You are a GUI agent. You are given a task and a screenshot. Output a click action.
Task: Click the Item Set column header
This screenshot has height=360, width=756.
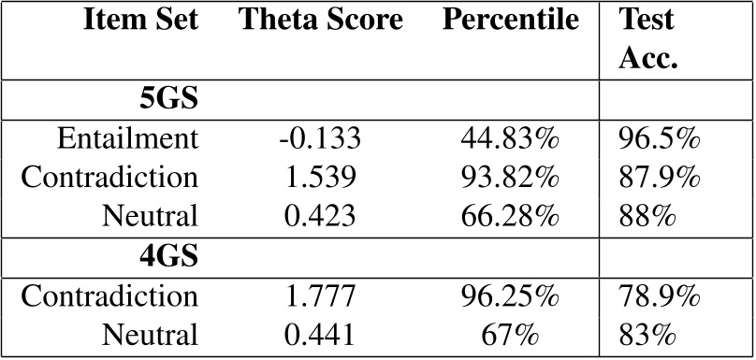pyautogui.click(x=140, y=21)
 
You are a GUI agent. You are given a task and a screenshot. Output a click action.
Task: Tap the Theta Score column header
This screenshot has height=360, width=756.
pyautogui.click(x=321, y=21)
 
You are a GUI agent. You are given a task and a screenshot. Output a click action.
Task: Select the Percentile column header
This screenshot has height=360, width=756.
pyautogui.click(x=511, y=21)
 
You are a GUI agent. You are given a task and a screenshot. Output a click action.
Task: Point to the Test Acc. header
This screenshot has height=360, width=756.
pyautogui.click(x=648, y=39)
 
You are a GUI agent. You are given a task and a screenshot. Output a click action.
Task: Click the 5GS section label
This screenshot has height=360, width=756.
pyautogui.click(x=168, y=99)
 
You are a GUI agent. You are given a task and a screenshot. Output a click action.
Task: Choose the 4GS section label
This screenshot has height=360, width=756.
pyautogui.click(x=168, y=256)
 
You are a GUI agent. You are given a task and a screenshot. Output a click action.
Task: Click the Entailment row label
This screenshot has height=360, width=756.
pyautogui.click(x=128, y=138)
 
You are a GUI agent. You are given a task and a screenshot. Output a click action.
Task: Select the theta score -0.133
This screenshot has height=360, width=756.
pyautogui.click(x=320, y=138)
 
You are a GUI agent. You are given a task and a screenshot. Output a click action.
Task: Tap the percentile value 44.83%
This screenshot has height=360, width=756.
pyautogui.click(x=510, y=138)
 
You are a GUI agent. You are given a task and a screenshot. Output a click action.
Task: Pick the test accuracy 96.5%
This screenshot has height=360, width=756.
pyautogui.click(x=659, y=138)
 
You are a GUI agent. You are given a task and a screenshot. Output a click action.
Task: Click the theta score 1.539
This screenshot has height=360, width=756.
pyautogui.click(x=321, y=178)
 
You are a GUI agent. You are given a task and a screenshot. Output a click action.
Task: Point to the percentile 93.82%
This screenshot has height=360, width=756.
pyautogui.click(x=510, y=178)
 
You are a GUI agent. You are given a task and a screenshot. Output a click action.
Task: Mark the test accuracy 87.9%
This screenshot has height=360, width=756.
pyautogui.click(x=659, y=178)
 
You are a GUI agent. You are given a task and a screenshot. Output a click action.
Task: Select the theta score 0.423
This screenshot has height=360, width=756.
pyautogui.click(x=321, y=216)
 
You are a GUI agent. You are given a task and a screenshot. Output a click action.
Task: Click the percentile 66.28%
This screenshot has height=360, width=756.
pyautogui.click(x=510, y=216)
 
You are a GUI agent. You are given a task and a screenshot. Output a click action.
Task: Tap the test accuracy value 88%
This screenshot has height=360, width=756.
pyautogui.click(x=647, y=216)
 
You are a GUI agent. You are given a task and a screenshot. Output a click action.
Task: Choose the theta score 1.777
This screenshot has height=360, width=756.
pyautogui.click(x=321, y=295)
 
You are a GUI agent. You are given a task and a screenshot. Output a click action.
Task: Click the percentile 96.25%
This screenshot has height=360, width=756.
pyautogui.click(x=510, y=295)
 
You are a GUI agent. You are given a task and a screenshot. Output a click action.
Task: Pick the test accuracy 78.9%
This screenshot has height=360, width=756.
pyautogui.click(x=659, y=295)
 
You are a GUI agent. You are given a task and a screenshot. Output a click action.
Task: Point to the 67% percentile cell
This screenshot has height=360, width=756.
pyautogui.click(x=510, y=335)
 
